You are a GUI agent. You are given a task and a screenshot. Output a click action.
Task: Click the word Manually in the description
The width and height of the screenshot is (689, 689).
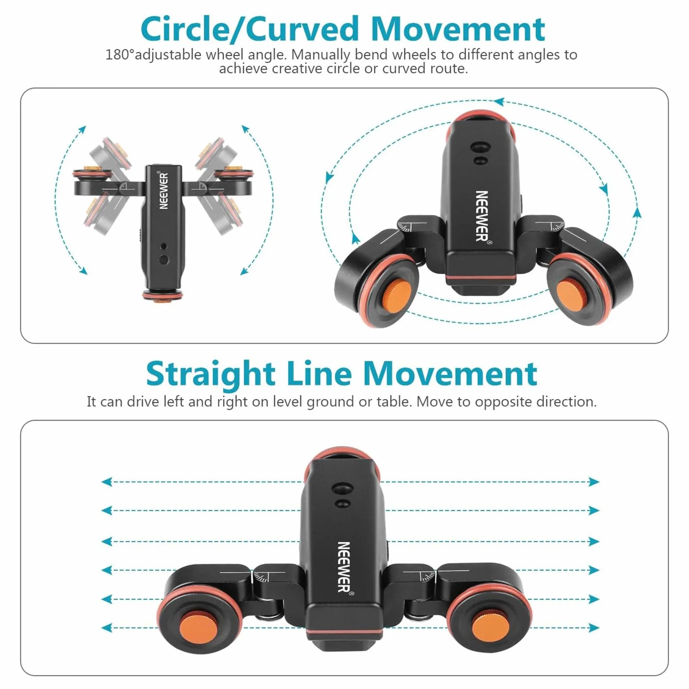coord(320,55)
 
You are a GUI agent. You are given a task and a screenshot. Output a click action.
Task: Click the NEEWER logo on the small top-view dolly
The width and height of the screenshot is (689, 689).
coord(163,190)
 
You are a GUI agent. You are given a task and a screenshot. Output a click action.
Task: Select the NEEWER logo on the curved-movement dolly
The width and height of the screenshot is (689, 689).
coord(482,216)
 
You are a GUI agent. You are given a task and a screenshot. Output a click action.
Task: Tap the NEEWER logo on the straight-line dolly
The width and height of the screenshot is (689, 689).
coord(344,567)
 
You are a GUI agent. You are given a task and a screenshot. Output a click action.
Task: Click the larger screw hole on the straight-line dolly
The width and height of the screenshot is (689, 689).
coord(341,488)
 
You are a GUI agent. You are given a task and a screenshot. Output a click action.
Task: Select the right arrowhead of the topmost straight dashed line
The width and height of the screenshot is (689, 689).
coord(594,482)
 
